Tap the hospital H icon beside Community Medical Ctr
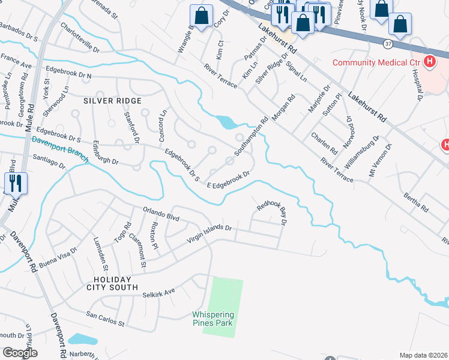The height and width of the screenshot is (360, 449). (x=430, y=61)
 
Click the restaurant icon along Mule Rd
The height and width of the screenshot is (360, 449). (x=16, y=183)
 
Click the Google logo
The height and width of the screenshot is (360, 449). (x=20, y=352)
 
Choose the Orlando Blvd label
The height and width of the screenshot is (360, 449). (x=161, y=214)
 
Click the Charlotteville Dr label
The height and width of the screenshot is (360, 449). (x=79, y=37)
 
